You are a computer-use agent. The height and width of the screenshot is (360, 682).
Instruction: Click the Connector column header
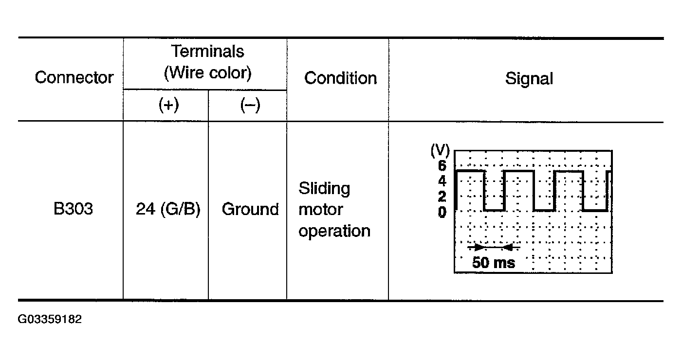(74, 78)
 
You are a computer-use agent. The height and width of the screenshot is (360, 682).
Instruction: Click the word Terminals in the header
(207, 51)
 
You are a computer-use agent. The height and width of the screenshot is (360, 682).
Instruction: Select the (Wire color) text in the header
(207, 73)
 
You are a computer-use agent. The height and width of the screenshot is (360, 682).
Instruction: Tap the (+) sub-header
(168, 106)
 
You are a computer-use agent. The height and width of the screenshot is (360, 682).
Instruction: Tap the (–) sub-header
(250, 106)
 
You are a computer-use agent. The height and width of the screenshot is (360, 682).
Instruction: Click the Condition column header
(340, 78)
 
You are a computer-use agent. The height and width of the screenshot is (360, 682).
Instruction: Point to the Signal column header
(529, 78)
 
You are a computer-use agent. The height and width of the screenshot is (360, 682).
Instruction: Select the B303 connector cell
(74, 209)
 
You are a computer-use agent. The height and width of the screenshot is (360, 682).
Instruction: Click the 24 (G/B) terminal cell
(168, 209)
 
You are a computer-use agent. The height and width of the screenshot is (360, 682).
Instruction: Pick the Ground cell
(250, 209)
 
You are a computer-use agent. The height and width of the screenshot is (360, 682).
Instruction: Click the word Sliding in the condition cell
(324, 188)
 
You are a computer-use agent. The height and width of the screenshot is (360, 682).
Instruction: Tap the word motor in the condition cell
(320, 210)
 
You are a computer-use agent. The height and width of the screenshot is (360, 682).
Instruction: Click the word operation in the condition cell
(334, 231)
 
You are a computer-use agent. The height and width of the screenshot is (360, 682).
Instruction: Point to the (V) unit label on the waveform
(440, 151)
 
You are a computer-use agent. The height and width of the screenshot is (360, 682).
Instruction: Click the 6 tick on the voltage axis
(442, 166)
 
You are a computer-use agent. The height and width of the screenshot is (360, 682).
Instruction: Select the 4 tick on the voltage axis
(442, 181)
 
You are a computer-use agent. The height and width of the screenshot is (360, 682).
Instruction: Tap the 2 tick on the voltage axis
(442, 197)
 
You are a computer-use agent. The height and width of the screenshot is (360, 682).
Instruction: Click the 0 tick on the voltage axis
(442, 212)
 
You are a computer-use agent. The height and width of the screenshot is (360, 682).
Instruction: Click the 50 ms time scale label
(493, 263)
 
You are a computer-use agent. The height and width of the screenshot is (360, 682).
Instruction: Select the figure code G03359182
(50, 320)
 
